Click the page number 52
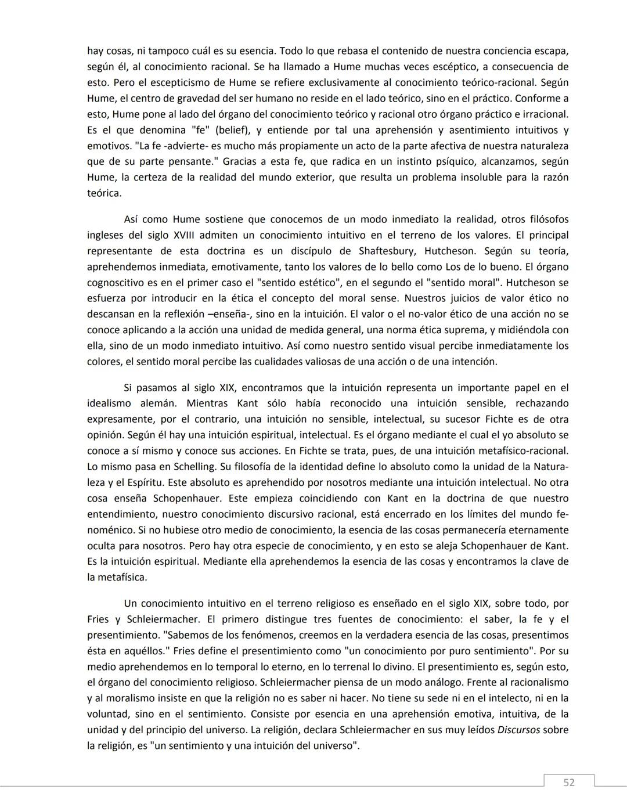point(569,783)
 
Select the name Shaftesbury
point(387,251)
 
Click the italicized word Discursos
point(518,730)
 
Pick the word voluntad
point(108,714)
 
